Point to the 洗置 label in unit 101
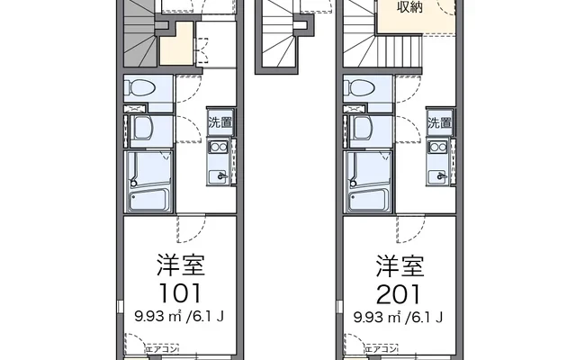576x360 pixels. pyautogui.click(x=220, y=122)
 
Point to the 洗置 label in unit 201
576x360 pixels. pyautogui.click(x=439, y=122)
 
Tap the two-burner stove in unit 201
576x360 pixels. pyautogui.click(x=439, y=148)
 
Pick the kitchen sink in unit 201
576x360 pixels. pyautogui.click(x=439, y=175)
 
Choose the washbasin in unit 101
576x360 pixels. pyautogui.click(x=141, y=129)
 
